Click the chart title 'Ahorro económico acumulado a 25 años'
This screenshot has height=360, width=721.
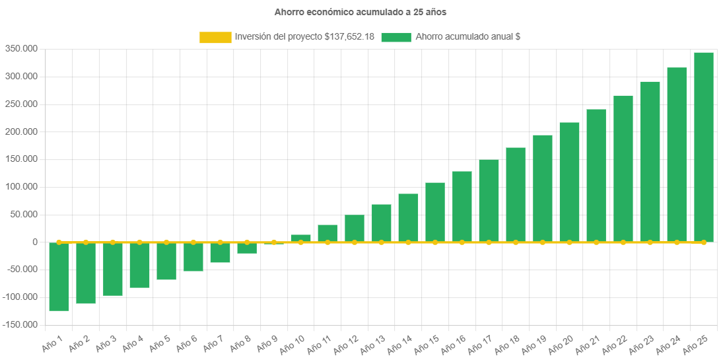click(360, 12)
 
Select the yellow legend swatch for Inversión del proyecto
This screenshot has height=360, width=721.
click(215, 38)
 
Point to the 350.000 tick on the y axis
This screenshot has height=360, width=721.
click(20, 49)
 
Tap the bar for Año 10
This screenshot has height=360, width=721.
click(301, 238)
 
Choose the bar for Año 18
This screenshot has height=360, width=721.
click(516, 194)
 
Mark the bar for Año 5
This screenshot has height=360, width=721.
click(166, 261)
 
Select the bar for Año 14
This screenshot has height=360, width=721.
click(408, 217)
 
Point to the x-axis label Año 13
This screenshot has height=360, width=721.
click(373, 344)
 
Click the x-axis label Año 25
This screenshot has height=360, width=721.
click(695, 344)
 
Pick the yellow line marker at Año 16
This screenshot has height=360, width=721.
click(462, 242)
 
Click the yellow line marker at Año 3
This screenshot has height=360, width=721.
click(113, 242)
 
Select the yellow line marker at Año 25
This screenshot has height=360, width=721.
click(703, 242)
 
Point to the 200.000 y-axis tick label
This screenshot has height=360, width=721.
click(20, 131)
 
